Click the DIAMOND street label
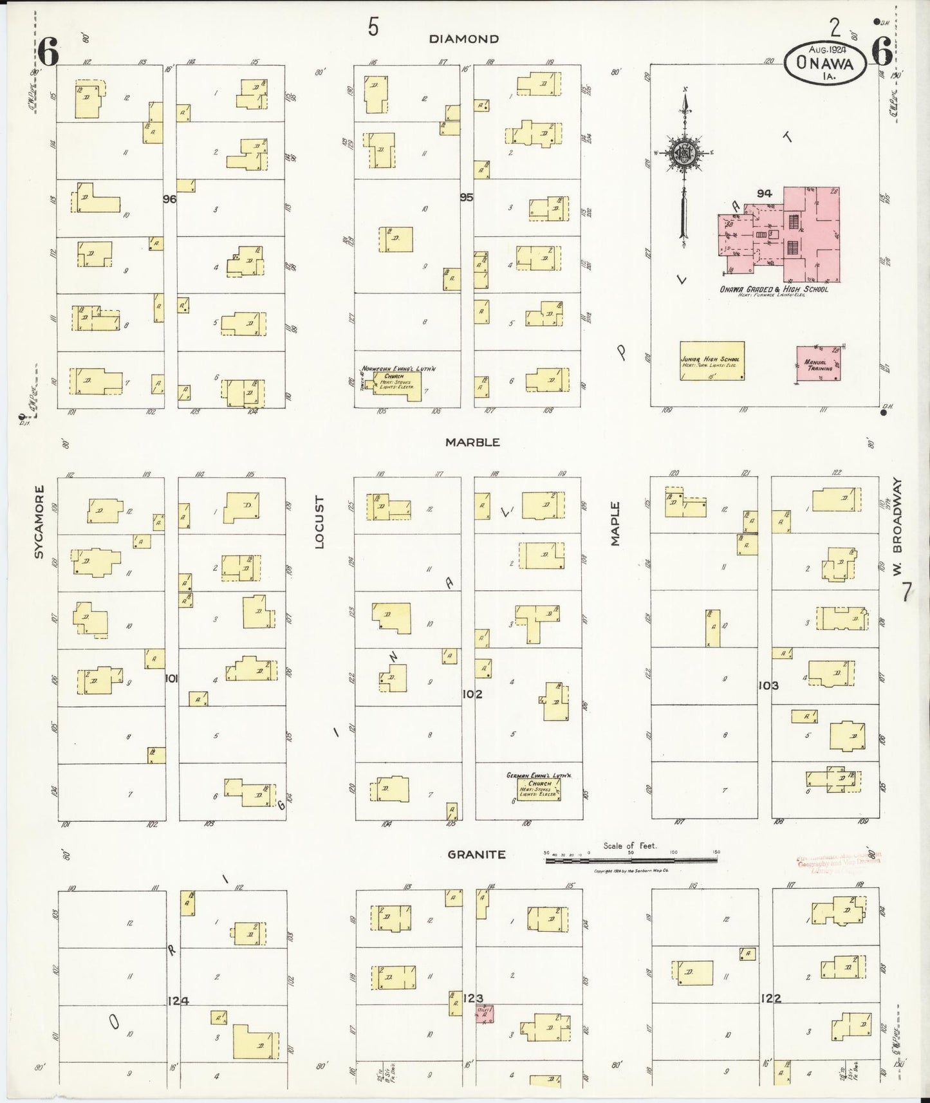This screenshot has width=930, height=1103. tap(463, 39)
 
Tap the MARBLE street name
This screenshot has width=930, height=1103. tap(472, 443)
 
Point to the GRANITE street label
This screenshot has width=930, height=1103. tap(476, 855)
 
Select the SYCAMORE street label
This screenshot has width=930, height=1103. tap(39, 522)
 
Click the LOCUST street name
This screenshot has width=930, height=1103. tap(319, 522)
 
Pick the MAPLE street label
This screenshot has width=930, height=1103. tap(615, 524)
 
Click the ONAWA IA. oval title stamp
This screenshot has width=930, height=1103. tap(824, 63)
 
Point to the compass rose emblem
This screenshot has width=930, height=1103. tap(684, 153)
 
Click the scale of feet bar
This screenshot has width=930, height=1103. tap(631, 860)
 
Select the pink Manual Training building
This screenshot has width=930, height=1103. tap(818, 364)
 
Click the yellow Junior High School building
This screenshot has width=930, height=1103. tap(712, 361)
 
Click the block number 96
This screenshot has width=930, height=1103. tap(169, 199)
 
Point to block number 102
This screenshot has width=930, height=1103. tap(472, 694)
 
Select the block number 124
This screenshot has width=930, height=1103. tap(178, 1000)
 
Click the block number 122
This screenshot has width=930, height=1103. tap(770, 998)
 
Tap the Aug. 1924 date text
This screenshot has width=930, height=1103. tap(827, 49)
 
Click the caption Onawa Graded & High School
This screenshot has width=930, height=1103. tap(774, 290)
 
